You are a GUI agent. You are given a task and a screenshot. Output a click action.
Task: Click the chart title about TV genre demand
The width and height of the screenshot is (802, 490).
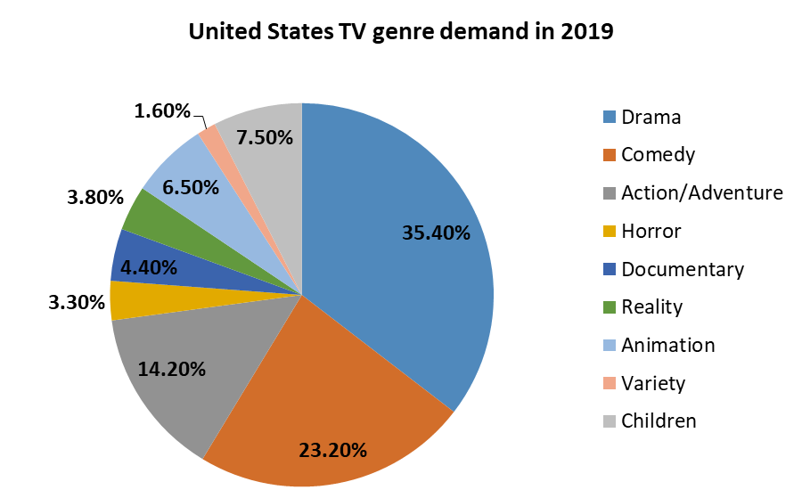click(x=400, y=33)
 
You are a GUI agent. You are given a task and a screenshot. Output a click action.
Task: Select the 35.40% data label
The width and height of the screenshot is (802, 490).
click(x=436, y=233)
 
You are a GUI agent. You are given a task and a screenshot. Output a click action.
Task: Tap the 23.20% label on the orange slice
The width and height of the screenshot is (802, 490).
click(x=333, y=450)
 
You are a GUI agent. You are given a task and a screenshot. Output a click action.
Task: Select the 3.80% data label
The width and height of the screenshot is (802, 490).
click(x=94, y=198)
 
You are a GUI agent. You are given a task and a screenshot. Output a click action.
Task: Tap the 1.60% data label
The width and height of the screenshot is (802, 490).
click(x=162, y=111)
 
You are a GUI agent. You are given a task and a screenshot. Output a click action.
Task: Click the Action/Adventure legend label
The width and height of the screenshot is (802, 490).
click(x=702, y=192)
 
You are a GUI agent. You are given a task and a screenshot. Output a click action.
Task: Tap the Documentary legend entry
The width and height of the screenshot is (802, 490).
click(x=682, y=269)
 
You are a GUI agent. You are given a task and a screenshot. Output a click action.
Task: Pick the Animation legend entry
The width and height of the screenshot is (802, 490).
click(x=667, y=345)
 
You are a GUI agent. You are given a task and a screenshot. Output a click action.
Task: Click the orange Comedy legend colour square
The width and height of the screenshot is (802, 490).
click(x=610, y=155)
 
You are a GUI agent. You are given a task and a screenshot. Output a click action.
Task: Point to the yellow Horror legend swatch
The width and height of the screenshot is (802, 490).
click(x=610, y=232)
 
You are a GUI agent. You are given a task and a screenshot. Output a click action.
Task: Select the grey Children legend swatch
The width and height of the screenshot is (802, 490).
click(x=610, y=421)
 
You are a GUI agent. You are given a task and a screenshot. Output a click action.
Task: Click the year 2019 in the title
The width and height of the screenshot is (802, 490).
click(x=586, y=33)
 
